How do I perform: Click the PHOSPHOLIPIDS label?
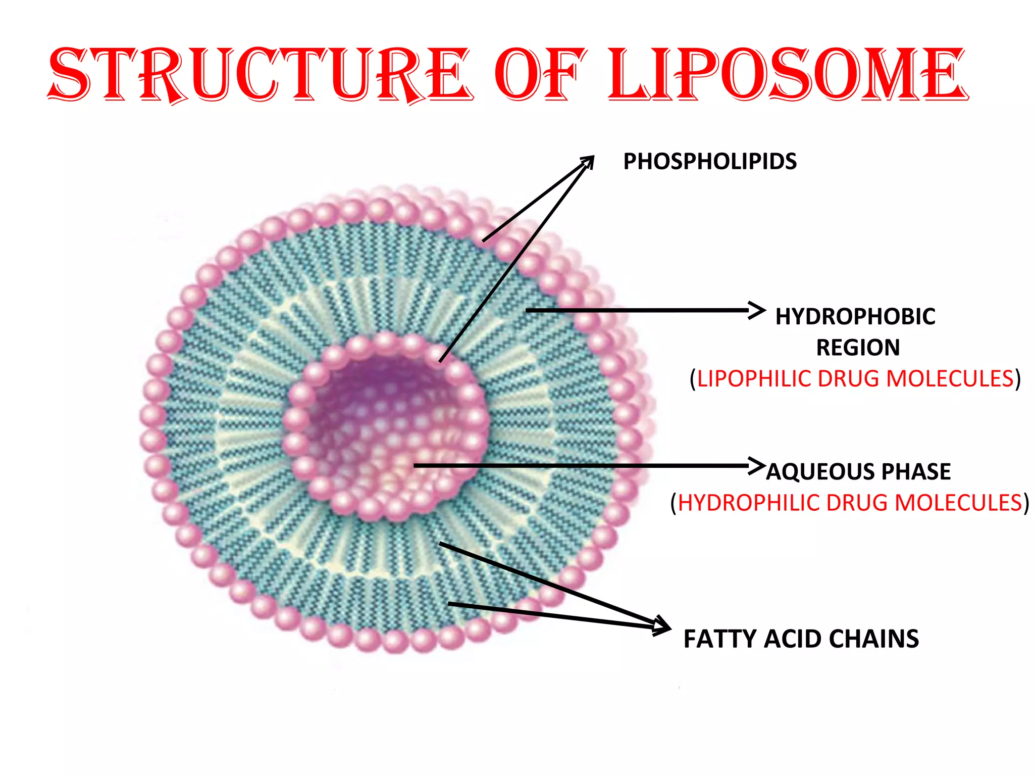click(710, 162)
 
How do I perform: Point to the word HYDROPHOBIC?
click(855, 317)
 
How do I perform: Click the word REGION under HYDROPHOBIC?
click(858, 348)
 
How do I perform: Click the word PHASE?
click(916, 472)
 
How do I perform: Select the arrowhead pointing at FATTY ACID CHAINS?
click(663, 626)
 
